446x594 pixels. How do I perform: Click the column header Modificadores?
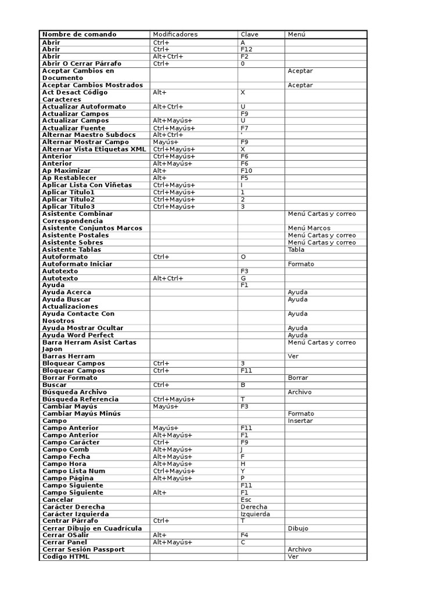tap(175, 34)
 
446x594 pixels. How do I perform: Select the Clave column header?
tap(249, 34)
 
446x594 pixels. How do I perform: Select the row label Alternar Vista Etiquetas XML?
tap(93, 149)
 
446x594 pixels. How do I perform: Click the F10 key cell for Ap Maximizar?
tap(246, 171)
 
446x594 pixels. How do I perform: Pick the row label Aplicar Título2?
tap(69, 200)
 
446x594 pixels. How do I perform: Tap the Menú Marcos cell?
tap(309, 228)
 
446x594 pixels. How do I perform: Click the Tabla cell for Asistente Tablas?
tap(296, 249)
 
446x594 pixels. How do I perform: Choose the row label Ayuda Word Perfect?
tap(78, 335)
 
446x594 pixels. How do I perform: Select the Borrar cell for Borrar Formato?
tap(298, 378)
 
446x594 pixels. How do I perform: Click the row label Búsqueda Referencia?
tap(80, 399)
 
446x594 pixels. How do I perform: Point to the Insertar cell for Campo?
tap(300, 421)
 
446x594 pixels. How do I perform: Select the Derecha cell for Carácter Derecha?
tap(254, 506)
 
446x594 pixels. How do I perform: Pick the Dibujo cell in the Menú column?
tap(298, 528)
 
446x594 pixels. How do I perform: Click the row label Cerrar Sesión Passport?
tap(84, 549)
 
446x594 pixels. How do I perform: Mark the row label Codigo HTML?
tap(66, 557)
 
